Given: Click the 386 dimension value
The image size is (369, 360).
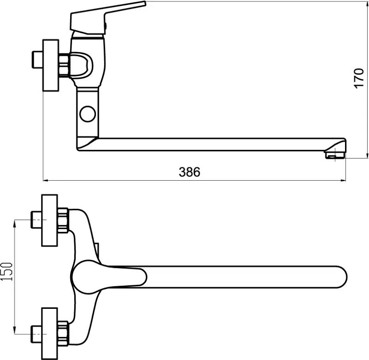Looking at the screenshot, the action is click(x=190, y=172).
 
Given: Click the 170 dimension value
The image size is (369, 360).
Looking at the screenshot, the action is click(x=359, y=78).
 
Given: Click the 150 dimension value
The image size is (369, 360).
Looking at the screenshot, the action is click(x=7, y=271).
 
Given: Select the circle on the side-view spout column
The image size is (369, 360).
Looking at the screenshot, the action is click(x=88, y=114).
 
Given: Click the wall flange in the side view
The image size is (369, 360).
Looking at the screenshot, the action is click(x=50, y=65).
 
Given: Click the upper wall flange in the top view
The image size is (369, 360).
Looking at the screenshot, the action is click(x=49, y=220).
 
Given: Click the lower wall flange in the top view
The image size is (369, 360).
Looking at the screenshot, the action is click(x=49, y=333).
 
